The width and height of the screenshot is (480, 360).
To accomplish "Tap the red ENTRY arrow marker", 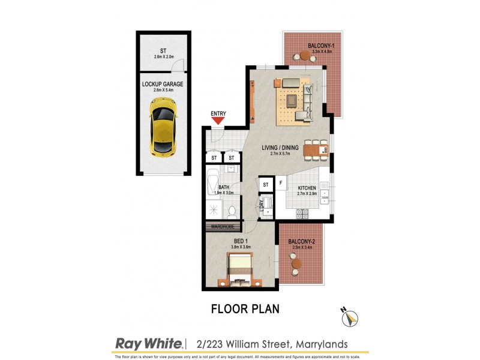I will tap(218, 120).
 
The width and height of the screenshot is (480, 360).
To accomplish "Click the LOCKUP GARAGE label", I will tap(163, 84).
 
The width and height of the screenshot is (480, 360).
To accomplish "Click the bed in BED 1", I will tap(241, 271).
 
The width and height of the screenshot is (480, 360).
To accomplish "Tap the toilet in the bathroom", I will tap(231, 211).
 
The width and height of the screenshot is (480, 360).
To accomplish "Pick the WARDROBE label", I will tap(223, 227).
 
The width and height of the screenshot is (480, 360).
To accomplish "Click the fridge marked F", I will tap(280, 182).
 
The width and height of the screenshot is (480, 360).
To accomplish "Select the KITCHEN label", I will tap(307, 188).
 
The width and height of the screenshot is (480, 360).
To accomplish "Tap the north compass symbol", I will tap(349, 318).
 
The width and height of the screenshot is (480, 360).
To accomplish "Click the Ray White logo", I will tap(149, 343).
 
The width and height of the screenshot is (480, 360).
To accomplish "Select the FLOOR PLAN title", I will tap(245, 310).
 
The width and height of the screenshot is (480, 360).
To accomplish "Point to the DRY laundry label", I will tap(262, 205).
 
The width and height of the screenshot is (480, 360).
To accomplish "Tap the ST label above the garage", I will tap(163, 51).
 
